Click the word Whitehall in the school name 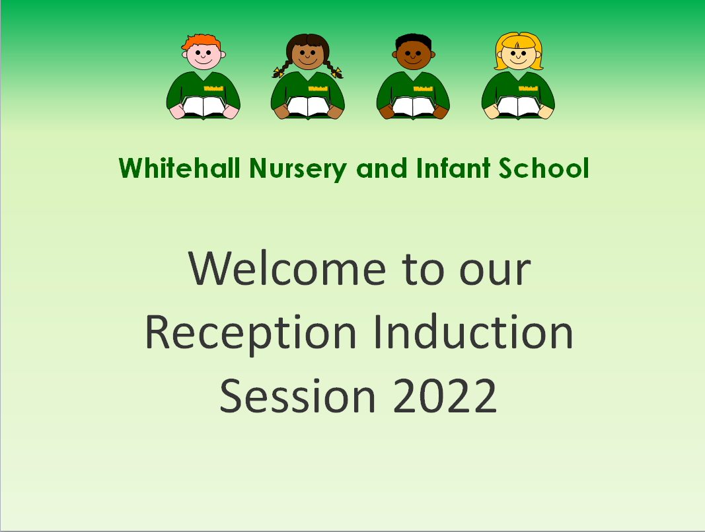180,168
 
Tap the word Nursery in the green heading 298,169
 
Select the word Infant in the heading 453,168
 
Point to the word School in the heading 544,168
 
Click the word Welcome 287,268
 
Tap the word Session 297,396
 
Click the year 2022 445,396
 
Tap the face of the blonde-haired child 519,56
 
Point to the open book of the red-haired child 204,106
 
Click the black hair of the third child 413,42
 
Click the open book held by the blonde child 519,106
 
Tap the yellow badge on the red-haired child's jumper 213,89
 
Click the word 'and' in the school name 382,169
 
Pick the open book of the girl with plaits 308,106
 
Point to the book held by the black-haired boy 413,106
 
